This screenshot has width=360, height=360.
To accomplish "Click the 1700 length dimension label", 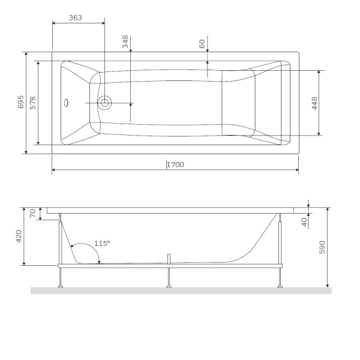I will (x=175, y=164).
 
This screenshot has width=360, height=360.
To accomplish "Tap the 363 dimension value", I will (x=76, y=18).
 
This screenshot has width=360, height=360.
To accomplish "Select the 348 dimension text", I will (x=125, y=42).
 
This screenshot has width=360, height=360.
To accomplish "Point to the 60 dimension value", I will (x=202, y=43).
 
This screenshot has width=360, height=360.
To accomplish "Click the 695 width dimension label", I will (x=20, y=102).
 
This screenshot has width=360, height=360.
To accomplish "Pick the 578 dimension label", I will (x=34, y=102).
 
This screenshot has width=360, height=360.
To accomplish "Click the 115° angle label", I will (x=102, y=244).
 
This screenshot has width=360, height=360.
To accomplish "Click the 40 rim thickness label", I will (x=304, y=221).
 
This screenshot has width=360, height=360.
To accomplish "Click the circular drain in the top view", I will (x=104, y=103).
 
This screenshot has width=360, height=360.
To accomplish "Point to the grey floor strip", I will (x=180, y=290).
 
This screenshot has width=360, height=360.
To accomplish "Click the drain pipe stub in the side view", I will (x=170, y=259).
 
